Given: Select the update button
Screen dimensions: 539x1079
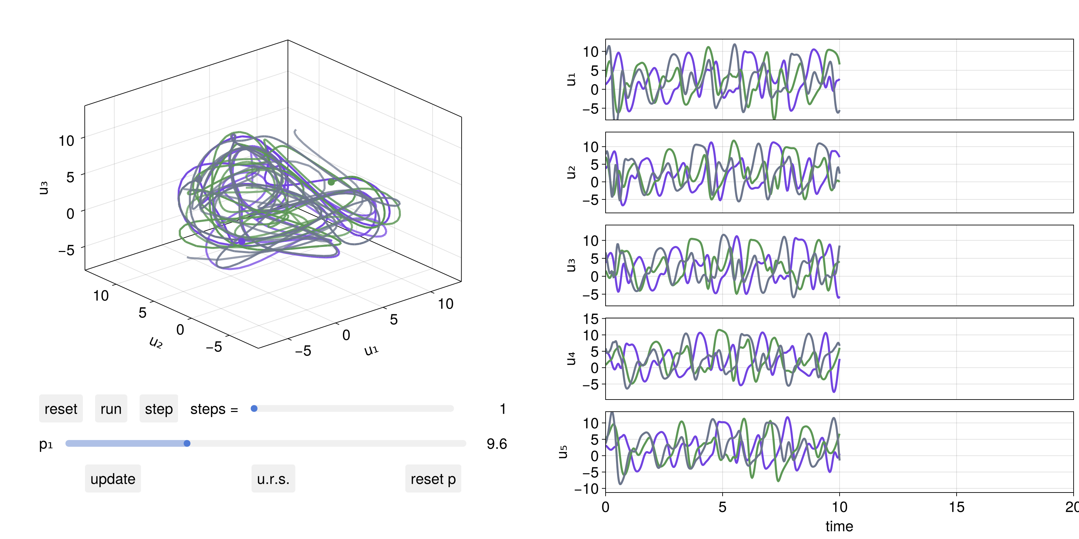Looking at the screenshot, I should pos(113,478).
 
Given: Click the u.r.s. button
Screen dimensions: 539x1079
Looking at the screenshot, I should pos(273,478).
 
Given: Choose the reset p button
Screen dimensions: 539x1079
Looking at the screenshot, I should pos(433,478).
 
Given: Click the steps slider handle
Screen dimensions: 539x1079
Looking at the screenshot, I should pos(254,408).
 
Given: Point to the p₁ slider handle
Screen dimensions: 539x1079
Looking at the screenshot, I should pos(187,443).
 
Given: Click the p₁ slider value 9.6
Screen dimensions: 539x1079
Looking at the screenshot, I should pos(496,444).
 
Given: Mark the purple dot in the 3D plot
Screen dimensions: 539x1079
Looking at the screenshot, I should pos(242,241).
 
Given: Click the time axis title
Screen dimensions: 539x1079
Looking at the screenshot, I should pos(839,526).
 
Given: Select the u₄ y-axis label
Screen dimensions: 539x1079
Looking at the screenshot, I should pos(571,359).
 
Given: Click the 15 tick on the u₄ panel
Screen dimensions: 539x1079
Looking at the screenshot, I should pos(591,319).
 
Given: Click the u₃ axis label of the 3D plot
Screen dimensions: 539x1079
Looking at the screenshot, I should pos(43,188).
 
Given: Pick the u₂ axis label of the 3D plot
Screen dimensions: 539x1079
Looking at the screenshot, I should pos(155,342).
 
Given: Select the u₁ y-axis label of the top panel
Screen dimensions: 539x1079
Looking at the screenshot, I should pos(571,79).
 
